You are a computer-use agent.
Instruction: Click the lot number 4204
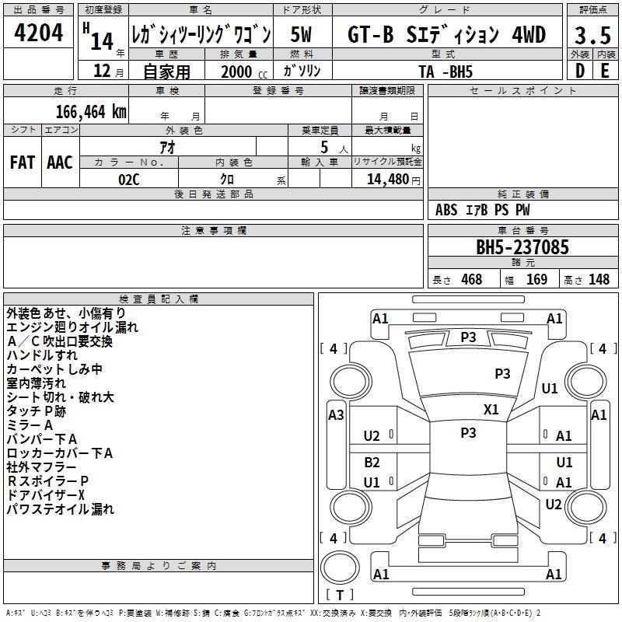pos(38,33)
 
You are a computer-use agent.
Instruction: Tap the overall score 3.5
pos(592,35)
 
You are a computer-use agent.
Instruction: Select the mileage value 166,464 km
pos(91,111)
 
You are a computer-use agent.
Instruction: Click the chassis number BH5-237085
pos(522,247)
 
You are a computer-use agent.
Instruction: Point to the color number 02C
pos(129,180)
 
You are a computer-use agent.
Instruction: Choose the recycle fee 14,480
pos(387,179)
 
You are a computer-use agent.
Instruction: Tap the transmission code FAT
pos(23,162)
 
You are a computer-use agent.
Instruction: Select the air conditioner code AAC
pos(60,162)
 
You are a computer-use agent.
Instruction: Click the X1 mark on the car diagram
pos(491,409)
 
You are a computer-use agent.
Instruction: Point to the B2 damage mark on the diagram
pos(372,462)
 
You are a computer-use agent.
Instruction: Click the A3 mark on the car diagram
pos(336,415)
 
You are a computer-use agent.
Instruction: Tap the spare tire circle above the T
pos(340,567)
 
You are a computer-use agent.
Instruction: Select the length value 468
pos(472,279)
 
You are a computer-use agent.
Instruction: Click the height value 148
pos(599,279)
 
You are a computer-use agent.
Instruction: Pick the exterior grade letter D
pos(580,71)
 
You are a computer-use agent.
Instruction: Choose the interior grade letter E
pos(605,71)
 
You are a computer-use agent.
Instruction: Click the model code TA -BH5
pos(446,72)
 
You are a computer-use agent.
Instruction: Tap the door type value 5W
pos(301,34)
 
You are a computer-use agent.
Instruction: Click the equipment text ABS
pos(446,210)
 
